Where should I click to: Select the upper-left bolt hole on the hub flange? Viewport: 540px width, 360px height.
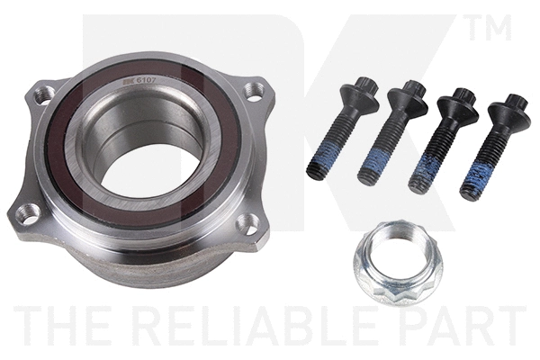(x=42, y=93)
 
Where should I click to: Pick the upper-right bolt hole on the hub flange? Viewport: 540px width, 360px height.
(x=256, y=91)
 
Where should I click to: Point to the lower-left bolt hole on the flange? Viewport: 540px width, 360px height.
(x=30, y=213)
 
